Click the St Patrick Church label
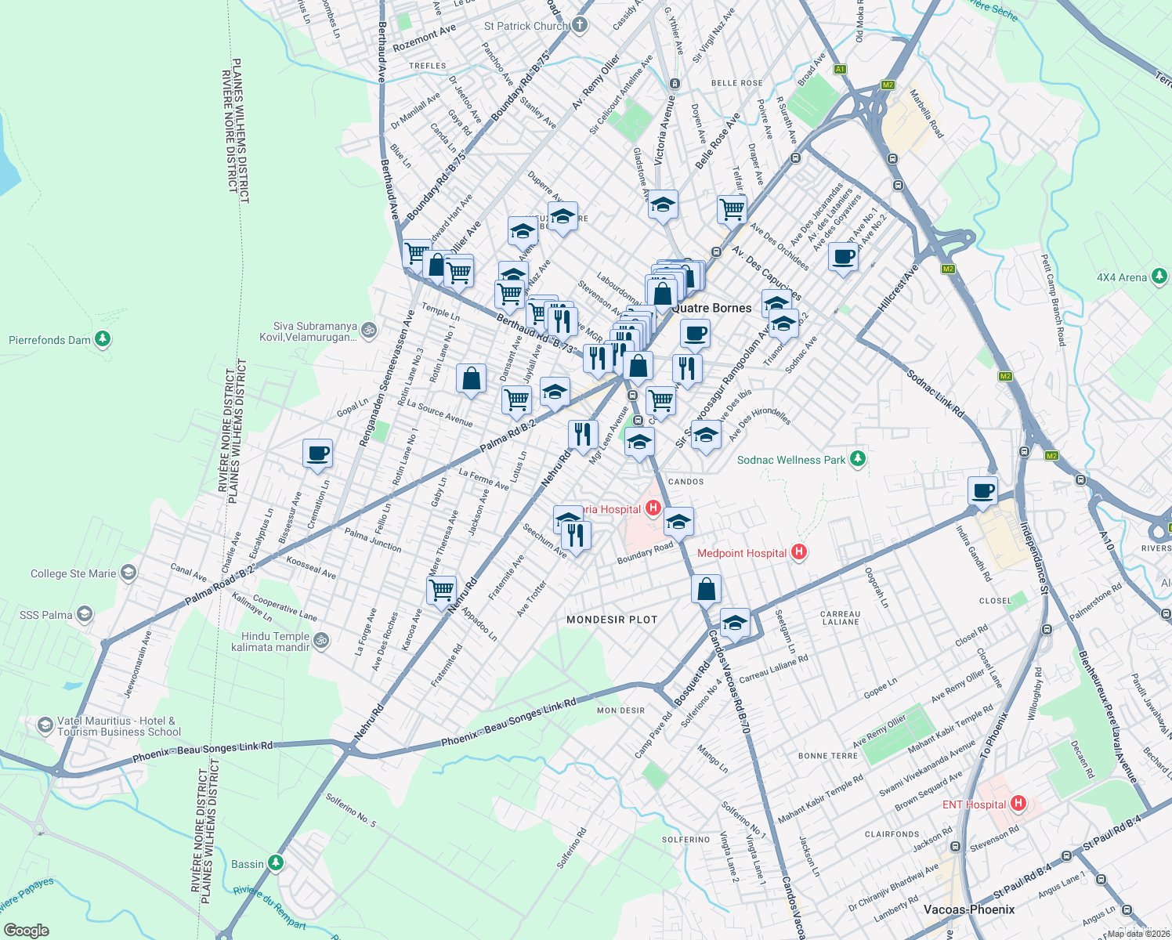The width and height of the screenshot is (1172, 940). tap(526, 26)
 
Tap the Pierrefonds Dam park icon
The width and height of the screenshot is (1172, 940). tap(103, 339)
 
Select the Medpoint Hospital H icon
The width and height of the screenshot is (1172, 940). tap(798, 552)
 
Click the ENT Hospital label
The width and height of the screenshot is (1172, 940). tap(974, 804)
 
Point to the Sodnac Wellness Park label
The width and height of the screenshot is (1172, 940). tap(791, 460)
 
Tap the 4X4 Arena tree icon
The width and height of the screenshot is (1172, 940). tap(1159, 277)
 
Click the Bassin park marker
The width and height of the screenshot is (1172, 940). tap(275, 863)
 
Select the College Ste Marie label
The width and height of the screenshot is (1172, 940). tap(73, 573)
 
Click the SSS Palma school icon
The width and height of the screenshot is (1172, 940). tap(85, 614)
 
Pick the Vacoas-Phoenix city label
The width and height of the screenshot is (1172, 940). tap(969, 909)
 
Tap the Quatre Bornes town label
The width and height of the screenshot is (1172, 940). tap(711, 308)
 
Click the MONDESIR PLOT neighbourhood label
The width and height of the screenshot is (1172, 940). tap(612, 620)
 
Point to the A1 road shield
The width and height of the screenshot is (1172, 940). tap(840, 69)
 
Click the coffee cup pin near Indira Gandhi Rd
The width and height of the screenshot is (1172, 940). tap(982, 491)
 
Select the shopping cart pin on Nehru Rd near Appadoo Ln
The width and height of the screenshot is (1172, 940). tap(442, 589)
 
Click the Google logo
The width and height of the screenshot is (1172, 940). tap(26, 930)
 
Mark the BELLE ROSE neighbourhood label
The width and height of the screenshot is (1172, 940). tap(736, 83)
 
